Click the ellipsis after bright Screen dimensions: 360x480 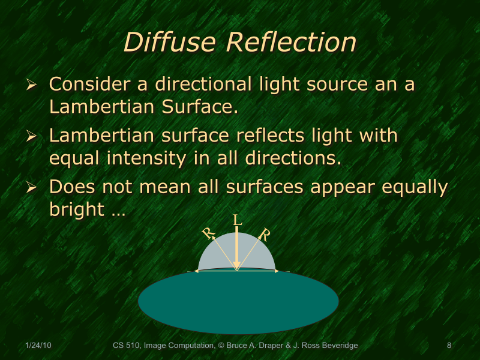tap(118, 211)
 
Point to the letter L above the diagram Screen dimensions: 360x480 tap(237, 220)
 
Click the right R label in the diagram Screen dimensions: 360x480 tap(264, 233)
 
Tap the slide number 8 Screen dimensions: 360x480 tap(449, 346)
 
